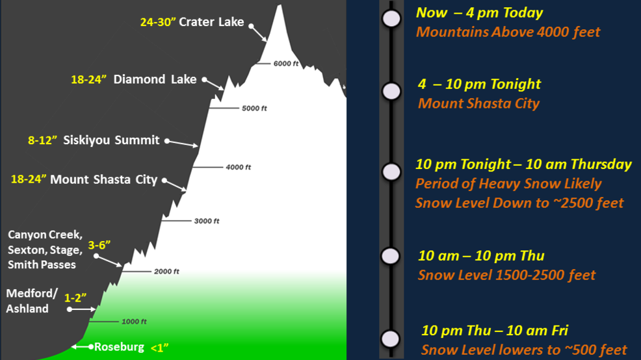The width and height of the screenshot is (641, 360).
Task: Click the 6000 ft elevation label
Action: pyautogui.click(x=286, y=63)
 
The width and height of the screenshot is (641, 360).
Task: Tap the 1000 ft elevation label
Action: pyautogui.click(x=134, y=322)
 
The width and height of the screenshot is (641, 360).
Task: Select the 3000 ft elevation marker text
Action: pyautogui.click(x=207, y=221)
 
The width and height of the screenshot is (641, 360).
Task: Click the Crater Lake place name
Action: pyautogui.click(x=211, y=21)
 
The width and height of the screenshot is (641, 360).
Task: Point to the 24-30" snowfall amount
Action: pyautogui.click(x=158, y=22)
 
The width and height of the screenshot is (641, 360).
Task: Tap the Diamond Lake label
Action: pyautogui.click(x=155, y=79)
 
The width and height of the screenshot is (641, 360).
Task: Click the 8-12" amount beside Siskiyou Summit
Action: pyautogui.click(x=42, y=140)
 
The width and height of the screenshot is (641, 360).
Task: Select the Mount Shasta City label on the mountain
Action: pyautogui.click(x=104, y=179)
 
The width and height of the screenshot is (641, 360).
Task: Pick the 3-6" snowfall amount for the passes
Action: pyautogui.click(x=99, y=245)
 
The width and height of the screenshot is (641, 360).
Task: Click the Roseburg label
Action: pyautogui.click(x=119, y=347)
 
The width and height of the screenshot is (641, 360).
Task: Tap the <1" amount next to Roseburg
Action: pyautogui.click(x=159, y=348)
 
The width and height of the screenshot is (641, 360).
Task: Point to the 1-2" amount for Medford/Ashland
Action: pyautogui.click(x=75, y=298)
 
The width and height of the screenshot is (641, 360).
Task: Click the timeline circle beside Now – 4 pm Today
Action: pyautogui.click(x=391, y=18)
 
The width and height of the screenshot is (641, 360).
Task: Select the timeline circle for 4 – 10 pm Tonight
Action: pyautogui.click(x=391, y=91)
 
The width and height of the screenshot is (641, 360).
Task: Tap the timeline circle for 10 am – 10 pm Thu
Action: pyautogui.click(x=391, y=256)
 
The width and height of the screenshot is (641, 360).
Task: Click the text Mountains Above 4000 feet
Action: pyautogui.click(x=508, y=32)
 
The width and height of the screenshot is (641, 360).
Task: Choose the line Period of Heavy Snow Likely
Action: pyautogui.click(x=508, y=183)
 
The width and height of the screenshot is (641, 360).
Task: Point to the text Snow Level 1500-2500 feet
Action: pyautogui.click(x=506, y=275)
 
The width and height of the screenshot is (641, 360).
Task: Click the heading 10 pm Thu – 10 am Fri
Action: pyautogui.click(x=495, y=330)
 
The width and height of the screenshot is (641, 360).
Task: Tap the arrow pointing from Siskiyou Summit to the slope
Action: pyautogui.click(x=182, y=143)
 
